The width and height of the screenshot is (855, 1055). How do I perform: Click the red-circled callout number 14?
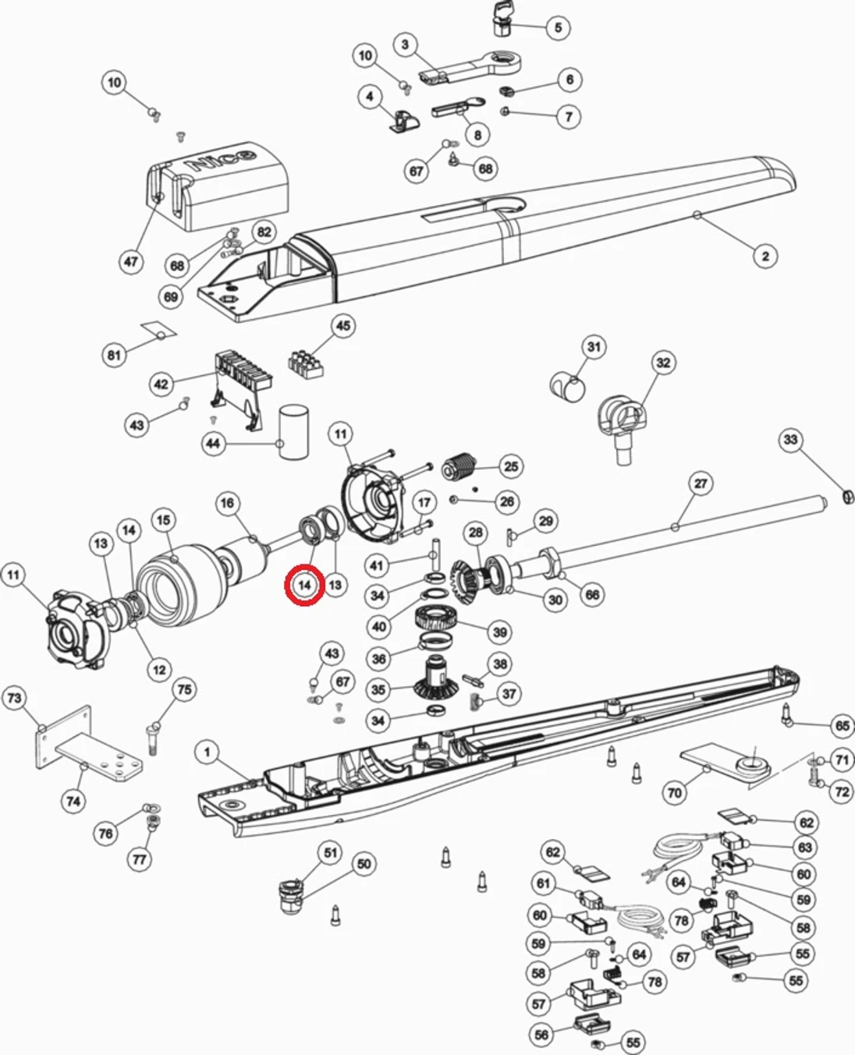point(304,585)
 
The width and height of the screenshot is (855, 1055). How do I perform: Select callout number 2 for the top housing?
point(765,255)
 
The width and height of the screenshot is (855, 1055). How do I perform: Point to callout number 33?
point(791,440)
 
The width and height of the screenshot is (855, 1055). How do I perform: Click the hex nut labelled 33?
point(844,496)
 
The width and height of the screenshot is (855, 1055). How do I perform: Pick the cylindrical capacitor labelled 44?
point(293,434)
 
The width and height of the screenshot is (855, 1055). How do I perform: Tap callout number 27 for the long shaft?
point(701,483)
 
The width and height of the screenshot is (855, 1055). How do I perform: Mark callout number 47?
point(130,261)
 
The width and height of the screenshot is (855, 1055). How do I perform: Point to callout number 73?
point(15,697)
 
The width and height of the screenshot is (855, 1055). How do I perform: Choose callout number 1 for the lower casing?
point(207,752)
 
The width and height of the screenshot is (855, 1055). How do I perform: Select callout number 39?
point(499,632)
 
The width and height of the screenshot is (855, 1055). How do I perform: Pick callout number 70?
point(674,793)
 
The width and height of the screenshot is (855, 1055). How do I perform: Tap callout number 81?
point(115,355)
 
